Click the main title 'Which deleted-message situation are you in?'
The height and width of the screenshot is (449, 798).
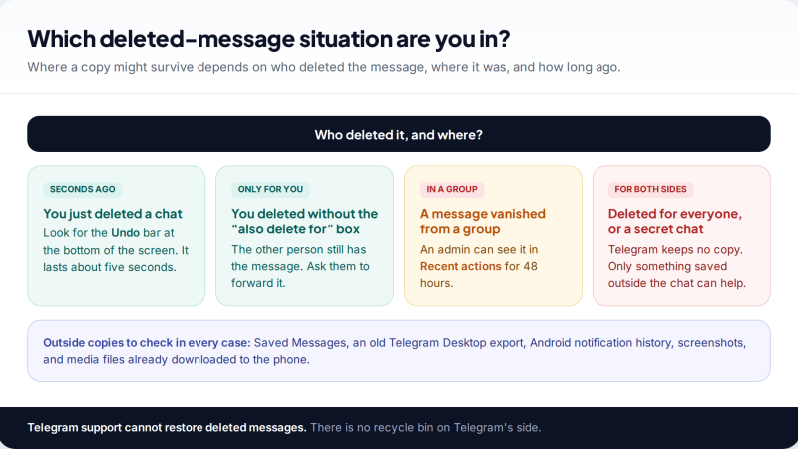(x=268, y=39)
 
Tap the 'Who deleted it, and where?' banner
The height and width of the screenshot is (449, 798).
(x=398, y=134)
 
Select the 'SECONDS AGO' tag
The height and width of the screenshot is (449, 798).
(x=83, y=189)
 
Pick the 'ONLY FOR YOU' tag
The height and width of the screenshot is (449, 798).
(x=270, y=189)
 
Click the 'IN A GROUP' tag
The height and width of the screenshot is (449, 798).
(x=452, y=189)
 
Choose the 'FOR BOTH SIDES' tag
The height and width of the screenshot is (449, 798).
(x=651, y=189)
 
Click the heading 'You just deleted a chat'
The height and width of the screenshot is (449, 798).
(x=113, y=214)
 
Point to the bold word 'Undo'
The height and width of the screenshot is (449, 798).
(x=126, y=233)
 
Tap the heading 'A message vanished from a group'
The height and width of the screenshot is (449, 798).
(x=483, y=222)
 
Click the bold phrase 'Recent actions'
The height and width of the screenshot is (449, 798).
(x=461, y=266)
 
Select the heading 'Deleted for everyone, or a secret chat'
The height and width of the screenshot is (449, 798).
(x=675, y=222)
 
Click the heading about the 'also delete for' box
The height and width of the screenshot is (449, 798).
(x=305, y=222)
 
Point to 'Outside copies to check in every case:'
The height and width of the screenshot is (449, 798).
(x=147, y=343)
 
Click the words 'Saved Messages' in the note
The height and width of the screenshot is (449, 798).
(x=300, y=343)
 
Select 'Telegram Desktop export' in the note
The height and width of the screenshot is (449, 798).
(x=456, y=343)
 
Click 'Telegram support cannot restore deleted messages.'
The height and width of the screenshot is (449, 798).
(x=167, y=428)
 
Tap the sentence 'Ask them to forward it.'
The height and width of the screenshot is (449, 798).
(x=300, y=275)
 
